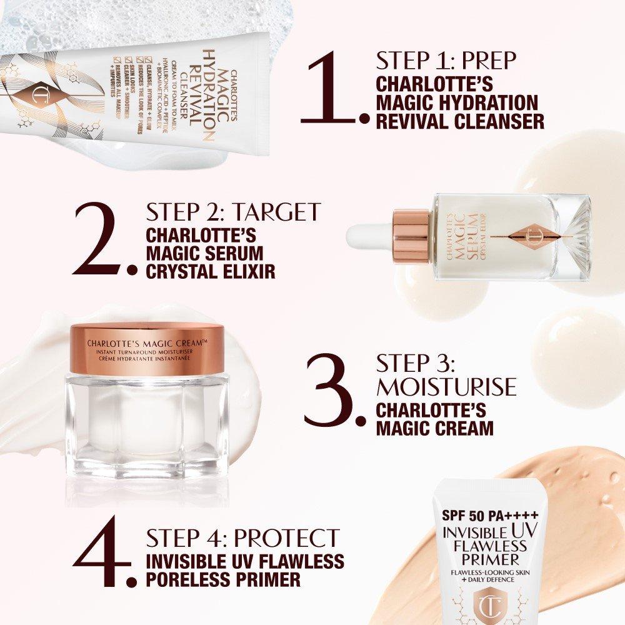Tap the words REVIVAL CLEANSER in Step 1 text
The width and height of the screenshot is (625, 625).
pyautogui.click(x=459, y=120)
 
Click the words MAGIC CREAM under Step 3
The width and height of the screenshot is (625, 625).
pyautogui.click(x=434, y=428)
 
